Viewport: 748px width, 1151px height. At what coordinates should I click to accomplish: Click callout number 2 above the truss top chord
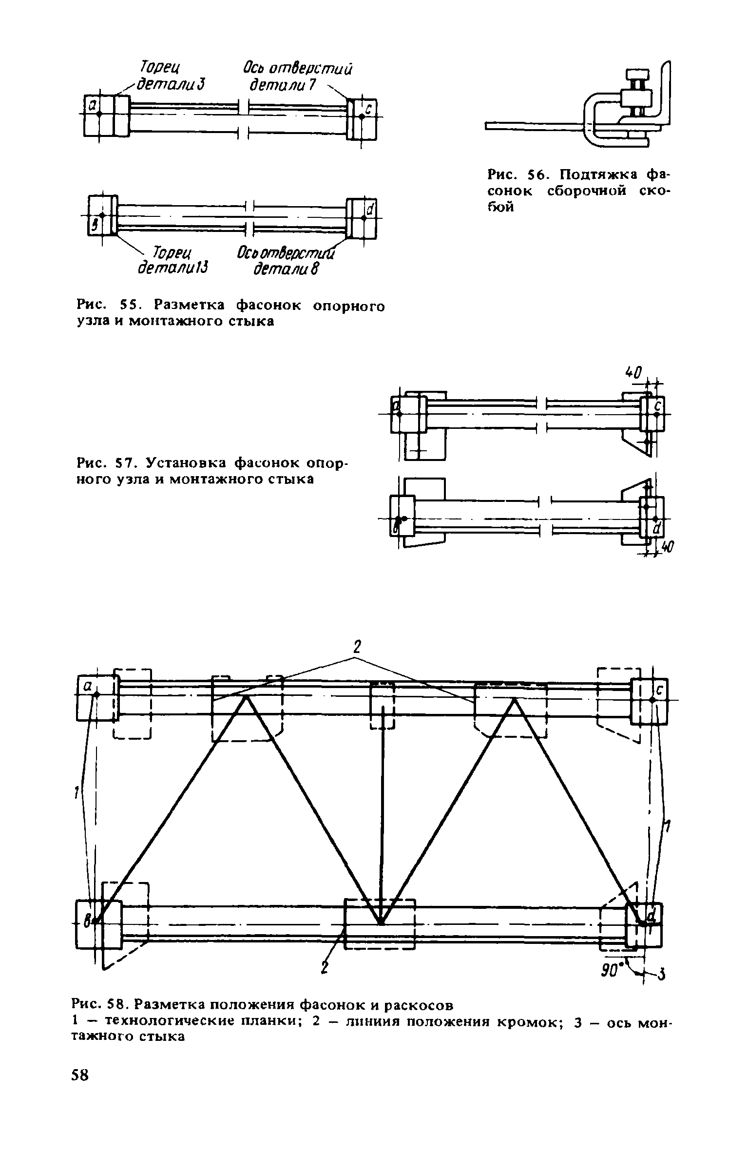point(357,647)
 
